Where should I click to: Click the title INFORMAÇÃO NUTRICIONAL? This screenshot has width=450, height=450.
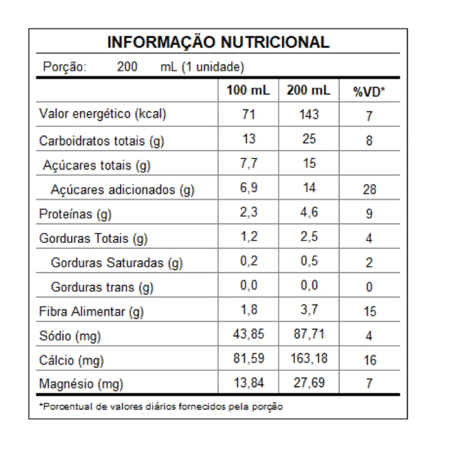(218, 42)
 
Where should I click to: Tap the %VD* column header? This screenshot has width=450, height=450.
(368, 91)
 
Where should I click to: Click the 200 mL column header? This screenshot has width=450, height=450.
(308, 91)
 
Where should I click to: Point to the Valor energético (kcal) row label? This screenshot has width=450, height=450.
(103, 115)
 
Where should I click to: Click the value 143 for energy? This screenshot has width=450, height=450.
(308, 115)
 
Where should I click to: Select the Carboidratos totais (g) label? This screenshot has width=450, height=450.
(101, 140)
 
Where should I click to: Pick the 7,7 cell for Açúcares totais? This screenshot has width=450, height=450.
(249, 163)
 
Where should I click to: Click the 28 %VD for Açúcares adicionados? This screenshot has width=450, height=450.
(369, 190)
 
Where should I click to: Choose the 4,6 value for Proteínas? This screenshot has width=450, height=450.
(308, 213)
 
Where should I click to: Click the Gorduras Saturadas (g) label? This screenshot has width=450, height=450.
(117, 263)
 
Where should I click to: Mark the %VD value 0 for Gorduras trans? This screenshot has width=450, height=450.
(369, 287)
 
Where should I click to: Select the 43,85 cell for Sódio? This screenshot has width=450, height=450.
(249, 335)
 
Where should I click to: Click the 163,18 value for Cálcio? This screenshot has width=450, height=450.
(308, 360)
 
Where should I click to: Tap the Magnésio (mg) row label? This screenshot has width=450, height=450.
(81, 385)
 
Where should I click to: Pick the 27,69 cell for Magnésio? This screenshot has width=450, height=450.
(308, 384)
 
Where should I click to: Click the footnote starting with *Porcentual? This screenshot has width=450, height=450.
(161, 406)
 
